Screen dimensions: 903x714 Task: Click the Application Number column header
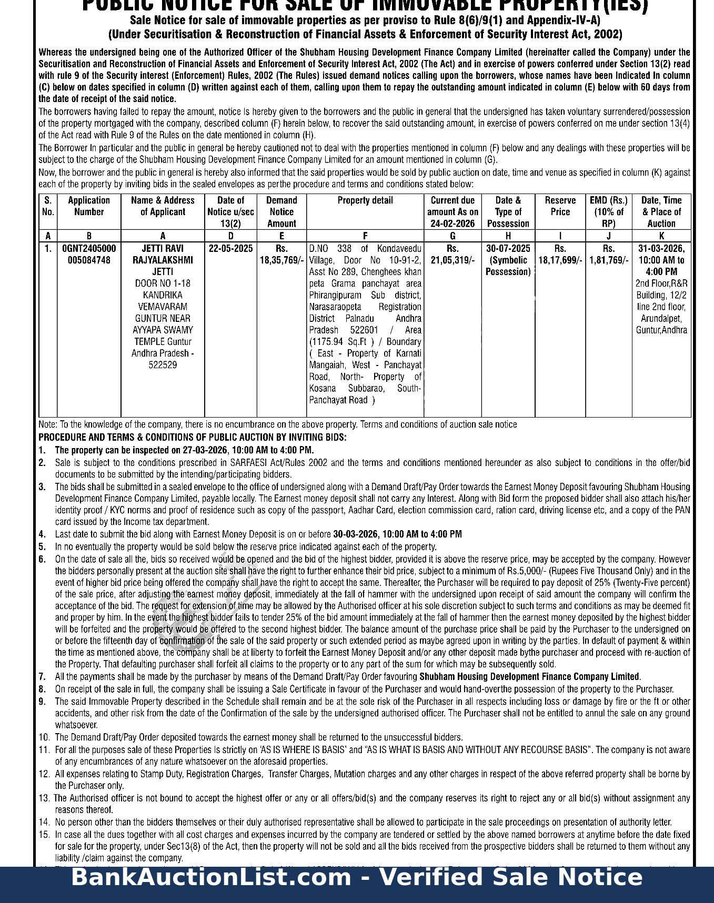(89, 206)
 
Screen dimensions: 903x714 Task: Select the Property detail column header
(365, 200)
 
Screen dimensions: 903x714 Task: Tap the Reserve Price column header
(560, 206)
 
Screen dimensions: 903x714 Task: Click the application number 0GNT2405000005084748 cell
(89, 254)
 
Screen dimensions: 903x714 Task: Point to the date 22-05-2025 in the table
(230, 249)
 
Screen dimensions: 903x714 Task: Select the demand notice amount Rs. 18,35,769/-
(281, 255)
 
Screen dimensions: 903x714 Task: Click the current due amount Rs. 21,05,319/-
(452, 255)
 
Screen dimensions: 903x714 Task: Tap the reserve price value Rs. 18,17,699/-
(560, 255)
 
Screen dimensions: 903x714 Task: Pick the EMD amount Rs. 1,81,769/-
(609, 255)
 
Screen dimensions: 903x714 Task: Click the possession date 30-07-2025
(508, 249)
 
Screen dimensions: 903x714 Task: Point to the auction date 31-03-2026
(661, 249)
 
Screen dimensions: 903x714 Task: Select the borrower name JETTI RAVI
(163, 249)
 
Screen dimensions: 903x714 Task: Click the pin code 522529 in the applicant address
(163, 365)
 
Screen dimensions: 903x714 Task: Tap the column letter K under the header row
(661, 236)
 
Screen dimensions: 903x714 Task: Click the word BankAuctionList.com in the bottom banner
(210, 878)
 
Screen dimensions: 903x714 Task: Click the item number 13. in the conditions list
(44, 798)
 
